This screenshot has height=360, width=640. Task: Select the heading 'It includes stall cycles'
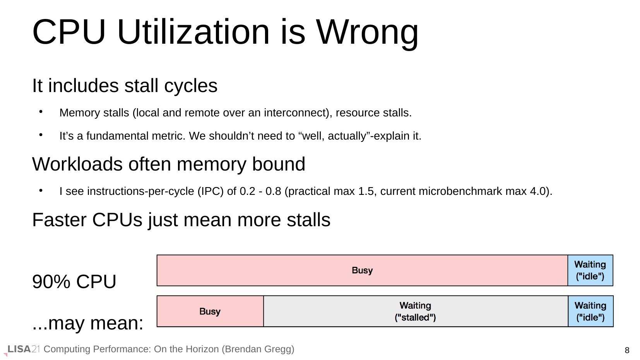[125, 85]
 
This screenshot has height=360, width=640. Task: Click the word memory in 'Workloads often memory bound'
[211, 164]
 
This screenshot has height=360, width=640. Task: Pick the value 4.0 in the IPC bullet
[538, 191]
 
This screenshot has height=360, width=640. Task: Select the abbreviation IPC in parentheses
[210, 191]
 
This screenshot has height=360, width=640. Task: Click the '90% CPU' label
[74, 282]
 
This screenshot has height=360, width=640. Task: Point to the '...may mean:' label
[87, 323]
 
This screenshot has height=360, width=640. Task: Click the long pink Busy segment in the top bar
[362, 270]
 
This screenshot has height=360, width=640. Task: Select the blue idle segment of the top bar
[590, 270]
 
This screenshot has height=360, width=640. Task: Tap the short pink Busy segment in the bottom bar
[210, 311]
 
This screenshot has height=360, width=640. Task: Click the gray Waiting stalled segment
[416, 311]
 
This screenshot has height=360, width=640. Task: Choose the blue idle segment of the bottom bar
[590, 311]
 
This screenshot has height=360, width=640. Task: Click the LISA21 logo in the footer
[22, 350]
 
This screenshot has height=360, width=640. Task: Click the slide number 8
[627, 350]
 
